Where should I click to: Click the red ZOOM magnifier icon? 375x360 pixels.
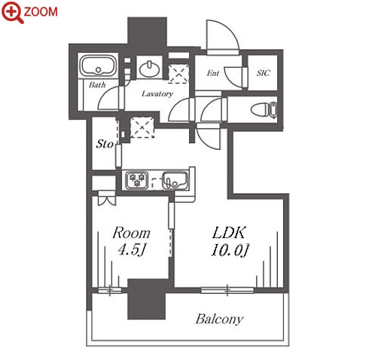click(x=12, y=12)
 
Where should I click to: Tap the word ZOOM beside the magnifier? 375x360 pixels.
click(x=41, y=12)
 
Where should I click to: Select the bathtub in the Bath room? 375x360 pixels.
click(x=99, y=66)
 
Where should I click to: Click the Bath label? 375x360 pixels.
click(x=97, y=85)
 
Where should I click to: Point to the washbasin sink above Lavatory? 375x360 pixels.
click(x=149, y=69)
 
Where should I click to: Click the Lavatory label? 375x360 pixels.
click(x=157, y=94)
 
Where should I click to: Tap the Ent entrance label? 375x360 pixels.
click(x=213, y=73)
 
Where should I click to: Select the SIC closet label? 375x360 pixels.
click(x=263, y=73)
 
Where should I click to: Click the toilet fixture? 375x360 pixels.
click(x=264, y=110)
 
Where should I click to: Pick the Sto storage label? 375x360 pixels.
click(x=105, y=144)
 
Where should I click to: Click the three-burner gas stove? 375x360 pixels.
click(x=137, y=180)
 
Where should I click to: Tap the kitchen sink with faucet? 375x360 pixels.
click(x=175, y=180)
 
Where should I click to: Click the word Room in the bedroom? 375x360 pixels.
click(x=131, y=233)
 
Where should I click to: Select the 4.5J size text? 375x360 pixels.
click(x=132, y=250)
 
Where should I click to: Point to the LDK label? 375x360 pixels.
click(x=228, y=233)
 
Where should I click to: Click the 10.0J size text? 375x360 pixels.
click(x=230, y=250)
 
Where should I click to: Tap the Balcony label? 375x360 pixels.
click(x=220, y=319)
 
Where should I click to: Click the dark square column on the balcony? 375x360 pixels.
click(x=147, y=299)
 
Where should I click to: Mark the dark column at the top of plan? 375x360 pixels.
click(x=147, y=32)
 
